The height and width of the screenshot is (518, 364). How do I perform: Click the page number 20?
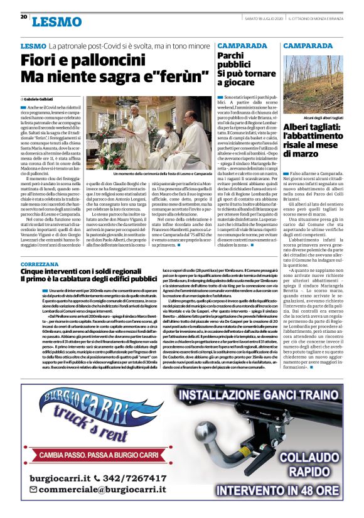[x=24, y=17]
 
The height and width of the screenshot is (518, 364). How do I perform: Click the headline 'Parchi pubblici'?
[x=234, y=60]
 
